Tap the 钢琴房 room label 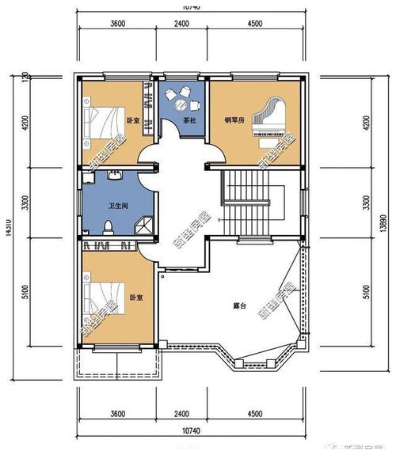234,119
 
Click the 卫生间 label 118,206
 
